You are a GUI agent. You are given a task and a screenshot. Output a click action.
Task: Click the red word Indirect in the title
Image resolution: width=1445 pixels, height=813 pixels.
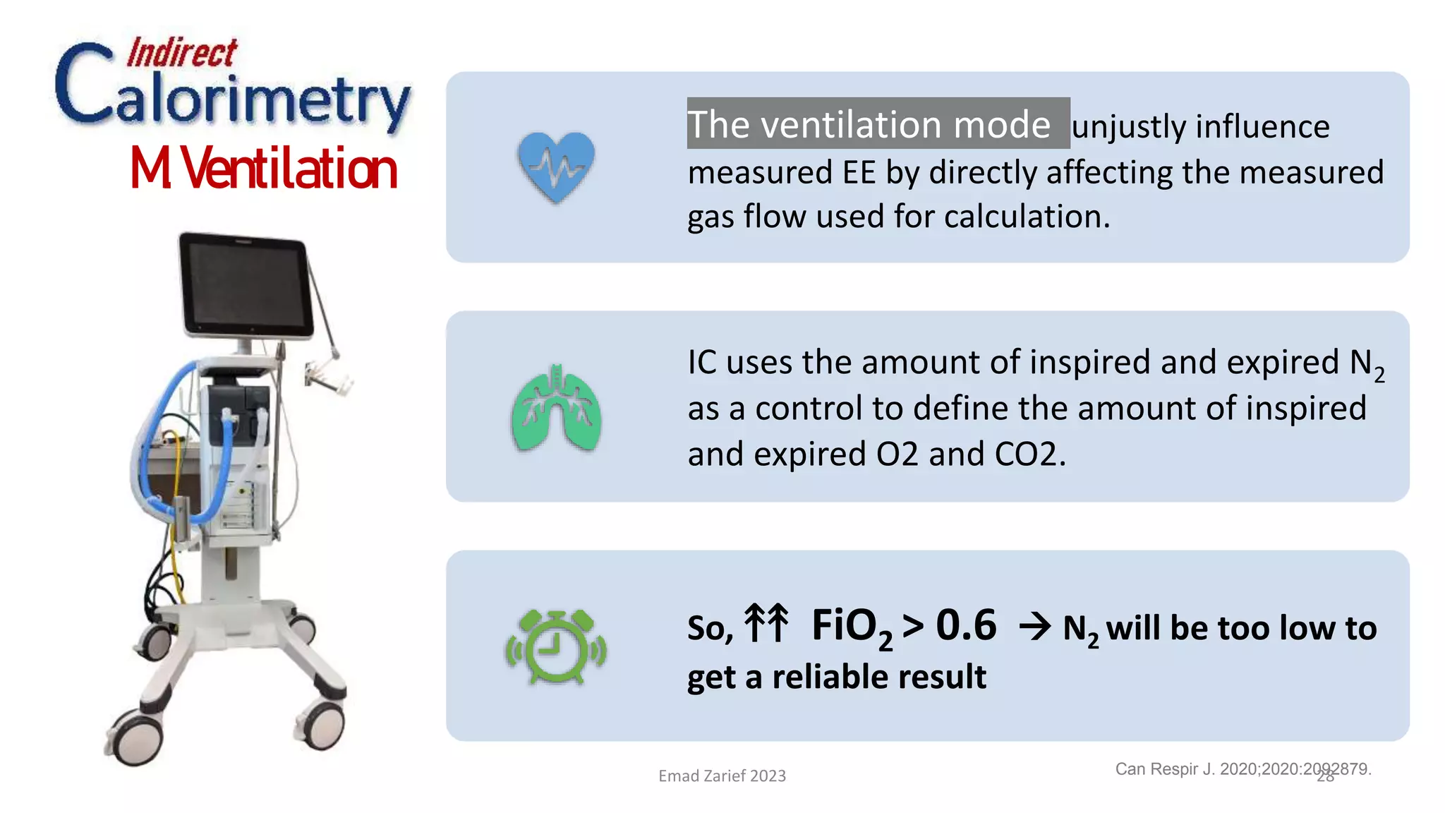click(181, 53)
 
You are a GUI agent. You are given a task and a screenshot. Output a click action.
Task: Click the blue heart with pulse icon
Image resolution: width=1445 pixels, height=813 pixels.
click(556, 167)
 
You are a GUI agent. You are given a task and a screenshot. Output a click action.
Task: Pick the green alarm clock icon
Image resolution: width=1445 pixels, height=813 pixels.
click(556, 646)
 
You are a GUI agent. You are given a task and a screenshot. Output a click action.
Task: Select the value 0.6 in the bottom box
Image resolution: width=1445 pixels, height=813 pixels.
click(966, 625)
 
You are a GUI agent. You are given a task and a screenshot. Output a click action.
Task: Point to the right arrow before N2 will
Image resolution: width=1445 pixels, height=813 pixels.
click(1035, 627)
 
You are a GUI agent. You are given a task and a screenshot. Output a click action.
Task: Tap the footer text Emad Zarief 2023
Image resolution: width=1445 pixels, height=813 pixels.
click(722, 776)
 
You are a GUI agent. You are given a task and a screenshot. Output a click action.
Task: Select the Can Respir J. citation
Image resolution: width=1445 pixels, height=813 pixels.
click(1242, 769)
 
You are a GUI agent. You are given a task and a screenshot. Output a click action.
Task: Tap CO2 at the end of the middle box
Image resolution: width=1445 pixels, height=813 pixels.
click(1029, 454)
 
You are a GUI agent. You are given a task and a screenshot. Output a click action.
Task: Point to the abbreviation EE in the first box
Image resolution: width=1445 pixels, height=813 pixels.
click(859, 172)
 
